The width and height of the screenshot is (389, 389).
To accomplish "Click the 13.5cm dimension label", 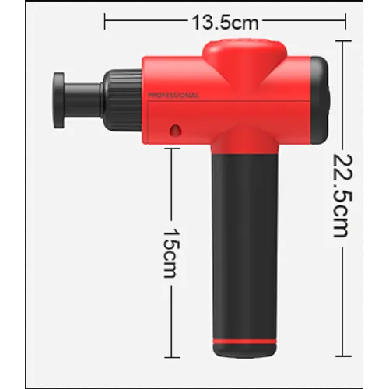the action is point(225,23).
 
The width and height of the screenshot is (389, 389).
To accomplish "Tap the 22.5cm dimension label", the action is point(343,196).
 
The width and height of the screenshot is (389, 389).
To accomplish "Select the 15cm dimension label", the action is point(171,253).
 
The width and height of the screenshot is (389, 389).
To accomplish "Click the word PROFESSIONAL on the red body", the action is point(173,96).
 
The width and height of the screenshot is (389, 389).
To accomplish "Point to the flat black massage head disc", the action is point(59,100).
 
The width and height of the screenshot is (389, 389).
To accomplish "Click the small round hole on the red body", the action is point(175,130).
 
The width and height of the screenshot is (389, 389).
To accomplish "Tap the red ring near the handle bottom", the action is point(244,342).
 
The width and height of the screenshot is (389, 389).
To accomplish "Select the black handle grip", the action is point(245,247).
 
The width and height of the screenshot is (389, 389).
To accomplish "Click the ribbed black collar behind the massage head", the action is point(122,100).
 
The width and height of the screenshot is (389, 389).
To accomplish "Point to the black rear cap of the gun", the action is point(321,100).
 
